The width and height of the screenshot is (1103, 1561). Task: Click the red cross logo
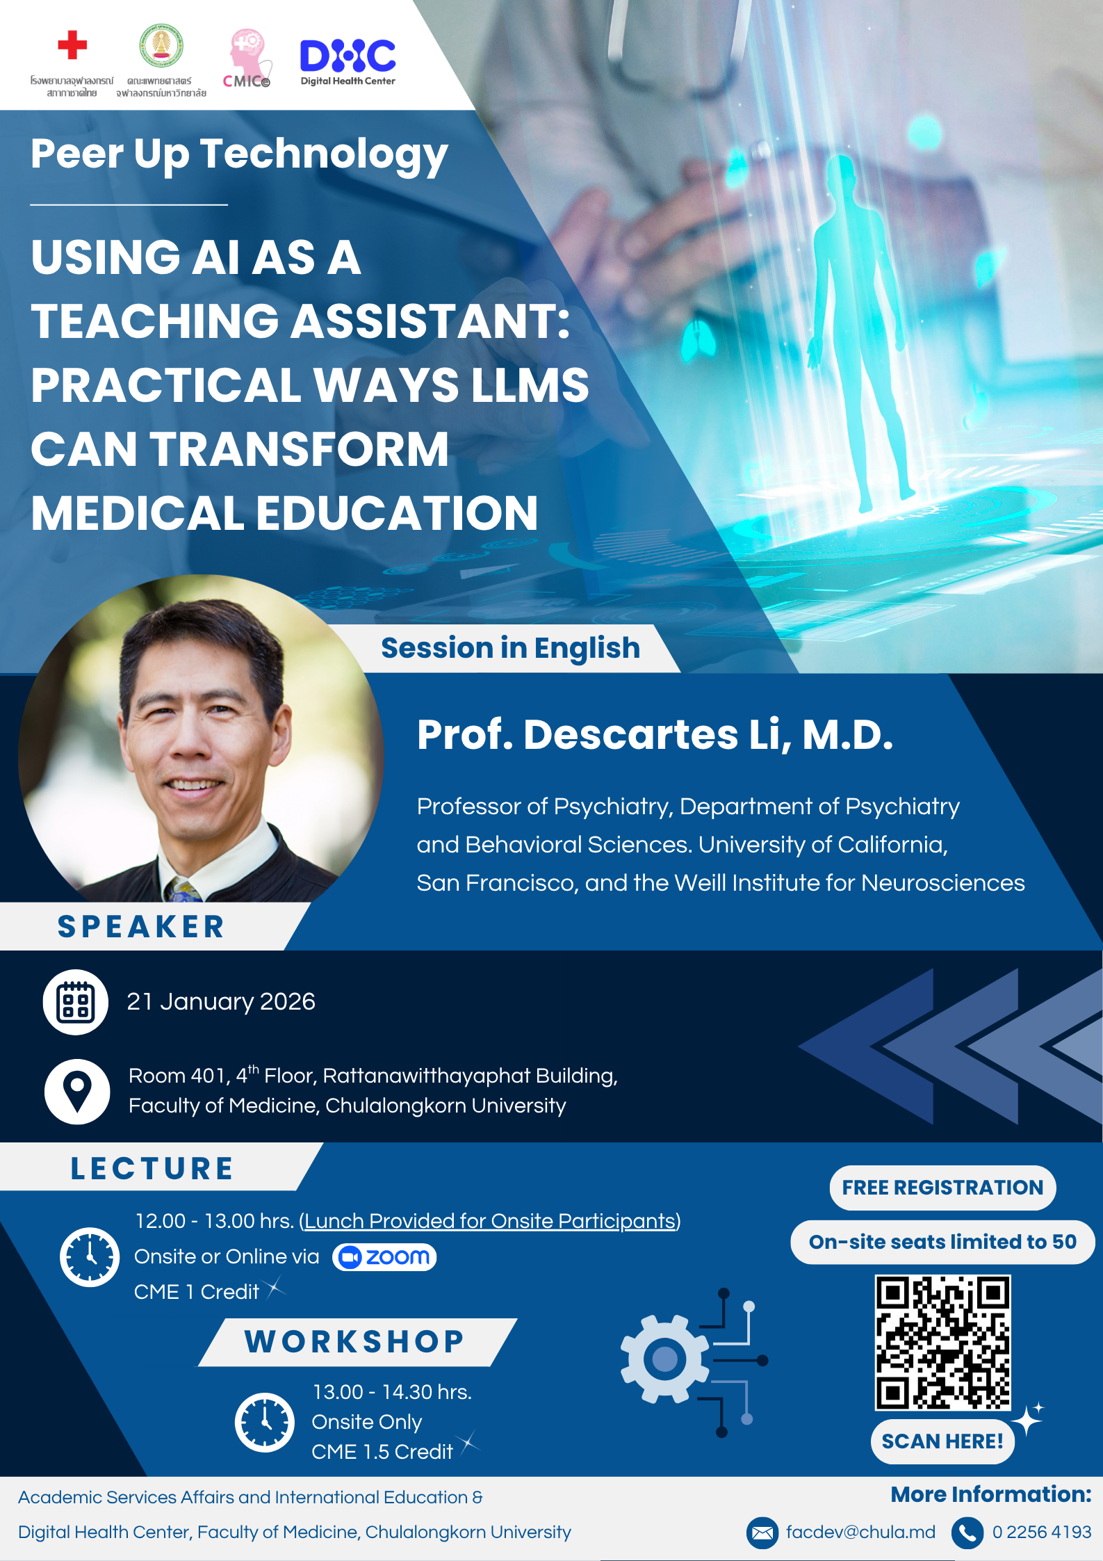[x=72, y=45]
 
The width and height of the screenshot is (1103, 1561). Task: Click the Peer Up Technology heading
[x=239, y=154]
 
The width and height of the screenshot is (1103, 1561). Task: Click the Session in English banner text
[x=510, y=648]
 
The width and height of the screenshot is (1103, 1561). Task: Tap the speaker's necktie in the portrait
[x=183, y=890]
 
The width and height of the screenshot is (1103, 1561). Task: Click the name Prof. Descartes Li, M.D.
[x=655, y=734]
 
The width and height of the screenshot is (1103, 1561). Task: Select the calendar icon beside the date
[x=76, y=1002]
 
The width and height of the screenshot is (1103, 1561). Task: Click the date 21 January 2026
[x=221, y=1001]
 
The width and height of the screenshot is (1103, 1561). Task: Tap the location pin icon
[x=77, y=1091]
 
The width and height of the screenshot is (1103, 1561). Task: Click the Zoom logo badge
[x=384, y=1256]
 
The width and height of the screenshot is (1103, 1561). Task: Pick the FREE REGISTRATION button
[x=942, y=1187]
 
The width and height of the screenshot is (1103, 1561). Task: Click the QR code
[x=942, y=1342]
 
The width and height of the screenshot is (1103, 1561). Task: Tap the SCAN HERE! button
[x=942, y=1441]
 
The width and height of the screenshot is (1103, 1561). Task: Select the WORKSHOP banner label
[x=354, y=1342]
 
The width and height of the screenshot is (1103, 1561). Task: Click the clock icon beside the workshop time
[x=265, y=1422]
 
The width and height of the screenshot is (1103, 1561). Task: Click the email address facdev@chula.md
[x=860, y=1532]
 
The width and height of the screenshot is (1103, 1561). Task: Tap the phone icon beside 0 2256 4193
[x=967, y=1532]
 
